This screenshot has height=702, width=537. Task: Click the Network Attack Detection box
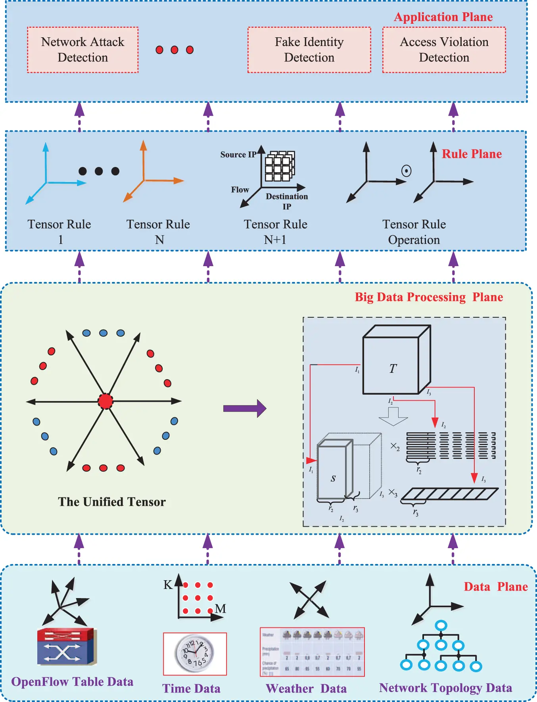pyautogui.click(x=82, y=50)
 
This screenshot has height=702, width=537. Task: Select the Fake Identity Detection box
pyautogui.click(x=309, y=50)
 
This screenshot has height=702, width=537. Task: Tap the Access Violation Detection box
pyautogui.click(x=444, y=50)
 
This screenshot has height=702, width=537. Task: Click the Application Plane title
pyautogui.click(x=443, y=17)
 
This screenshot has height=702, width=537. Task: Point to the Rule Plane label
pyautogui.click(x=472, y=154)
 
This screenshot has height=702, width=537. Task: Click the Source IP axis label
pyautogui.click(x=238, y=155)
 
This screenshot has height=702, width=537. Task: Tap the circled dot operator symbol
pyautogui.click(x=406, y=171)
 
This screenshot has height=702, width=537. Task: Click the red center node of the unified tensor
pyautogui.click(x=105, y=401)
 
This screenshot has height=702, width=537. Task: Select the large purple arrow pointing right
pyautogui.click(x=244, y=409)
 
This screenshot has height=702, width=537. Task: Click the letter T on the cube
pyautogui.click(x=393, y=368)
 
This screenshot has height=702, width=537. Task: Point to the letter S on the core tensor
pyautogui.click(x=333, y=478)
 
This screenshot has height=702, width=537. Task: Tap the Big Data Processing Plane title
pyautogui.click(x=428, y=297)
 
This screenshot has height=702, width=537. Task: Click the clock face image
pyautogui.click(x=195, y=653)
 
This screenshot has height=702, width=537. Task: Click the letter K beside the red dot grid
pyautogui.click(x=168, y=585)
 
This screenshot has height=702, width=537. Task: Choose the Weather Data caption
pyautogui.click(x=306, y=689)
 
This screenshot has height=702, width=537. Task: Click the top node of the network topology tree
pyautogui.click(x=441, y=625)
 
